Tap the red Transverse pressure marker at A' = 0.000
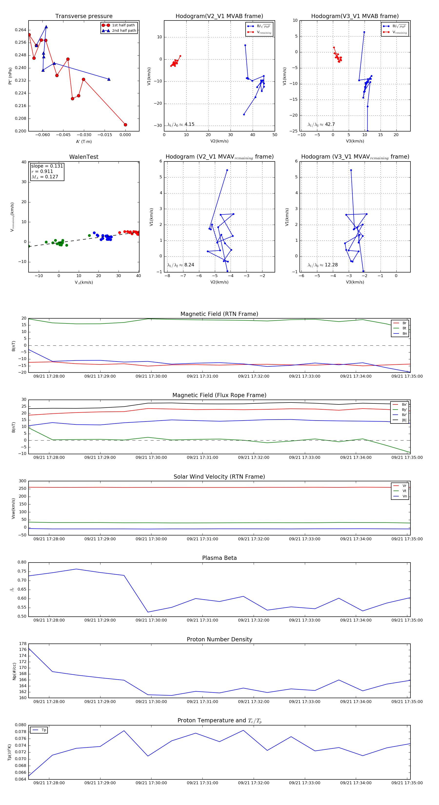(x=125, y=125)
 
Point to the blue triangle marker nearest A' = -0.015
(x=109, y=79)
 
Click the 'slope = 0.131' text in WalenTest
(x=47, y=166)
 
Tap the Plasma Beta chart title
(x=219, y=558)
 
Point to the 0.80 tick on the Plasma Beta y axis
(x=22, y=562)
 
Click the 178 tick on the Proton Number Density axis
(x=23, y=644)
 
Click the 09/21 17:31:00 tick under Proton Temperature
(x=202, y=783)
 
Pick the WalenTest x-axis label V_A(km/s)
(x=84, y=282)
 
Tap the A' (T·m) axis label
(x=84, y=141)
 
